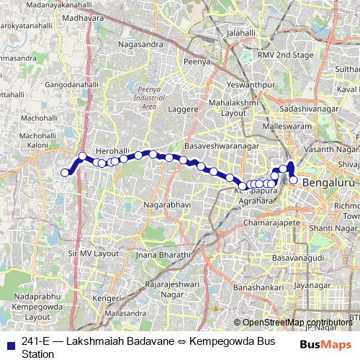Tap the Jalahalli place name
click(x=241, y=33)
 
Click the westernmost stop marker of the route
click(x=65, y=172)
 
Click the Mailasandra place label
click(x=125, y=314)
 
